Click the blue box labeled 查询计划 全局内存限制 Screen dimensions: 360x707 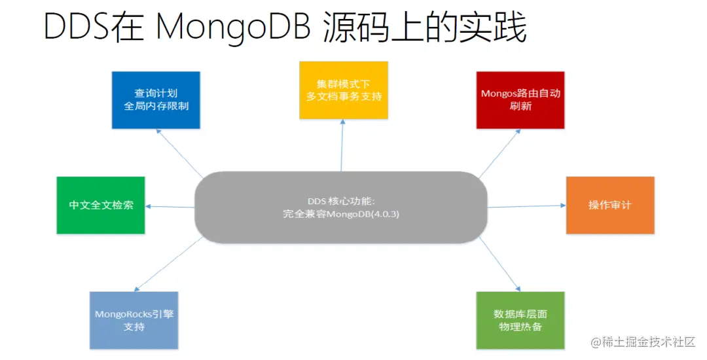tap(156, 99)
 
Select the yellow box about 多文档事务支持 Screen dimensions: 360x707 tap(344, 90)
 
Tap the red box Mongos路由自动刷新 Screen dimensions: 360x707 tap(520, 99)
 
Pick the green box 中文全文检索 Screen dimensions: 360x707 tap(101, 205)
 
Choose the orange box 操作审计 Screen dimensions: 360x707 tap(609, 205)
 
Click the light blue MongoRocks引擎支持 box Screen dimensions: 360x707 tap(134, 320)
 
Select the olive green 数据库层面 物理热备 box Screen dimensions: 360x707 tap(520, 320)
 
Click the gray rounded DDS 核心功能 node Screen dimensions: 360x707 tap(340, 207)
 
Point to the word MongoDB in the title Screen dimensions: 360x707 tap(233, 27)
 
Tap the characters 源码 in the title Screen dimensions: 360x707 tap(354, 27)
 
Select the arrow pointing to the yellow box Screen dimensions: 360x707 tap(341, 147)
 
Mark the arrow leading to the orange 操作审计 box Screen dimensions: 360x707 tap(527, 206)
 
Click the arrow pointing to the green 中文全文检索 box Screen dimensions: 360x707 tap(170, 206)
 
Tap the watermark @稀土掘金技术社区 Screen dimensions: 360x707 tap(642, 342)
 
